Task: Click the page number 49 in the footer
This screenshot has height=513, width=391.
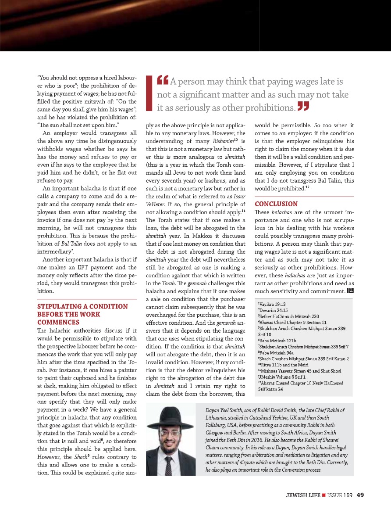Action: [x=361, y=496]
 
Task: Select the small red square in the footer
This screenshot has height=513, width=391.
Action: [x=323, y=496]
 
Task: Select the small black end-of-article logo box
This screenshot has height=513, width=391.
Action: [x=350, y=291]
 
